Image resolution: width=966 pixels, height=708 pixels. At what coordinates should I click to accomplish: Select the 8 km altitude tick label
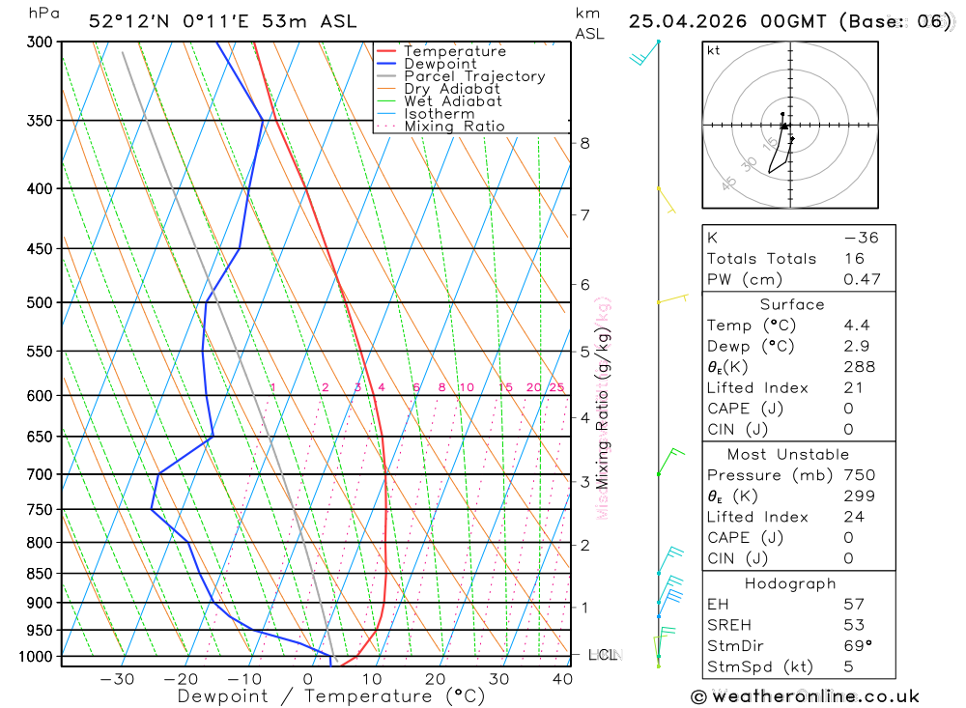tap(584, 144)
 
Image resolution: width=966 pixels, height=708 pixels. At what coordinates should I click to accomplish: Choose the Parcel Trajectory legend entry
tap(474, 76)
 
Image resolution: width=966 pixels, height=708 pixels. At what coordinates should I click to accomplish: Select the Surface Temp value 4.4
tap(855, 326)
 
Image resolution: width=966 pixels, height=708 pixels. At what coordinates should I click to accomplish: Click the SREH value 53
tap(854, 625)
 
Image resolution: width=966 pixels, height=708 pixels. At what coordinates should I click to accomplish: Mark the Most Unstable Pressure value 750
tap(859, 475)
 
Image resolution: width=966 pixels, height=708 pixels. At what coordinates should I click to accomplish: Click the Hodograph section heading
tap(790, 583)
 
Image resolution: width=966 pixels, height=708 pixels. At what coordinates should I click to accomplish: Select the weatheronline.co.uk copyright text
tap(805, 696)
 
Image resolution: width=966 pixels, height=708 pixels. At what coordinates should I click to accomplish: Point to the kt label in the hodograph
tap(713, 50)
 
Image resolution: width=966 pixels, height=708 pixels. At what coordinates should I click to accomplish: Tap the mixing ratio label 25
tap(556, 387)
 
